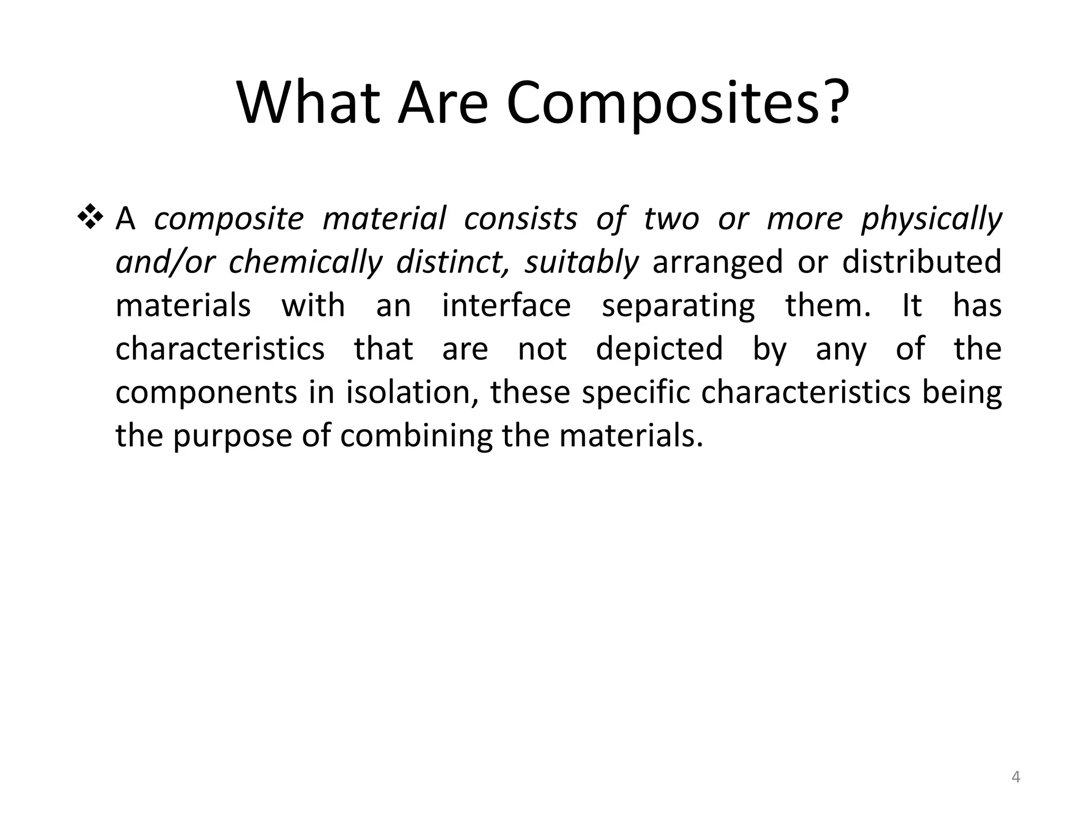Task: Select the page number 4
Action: coord(1015,777)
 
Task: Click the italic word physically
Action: coord(931,219)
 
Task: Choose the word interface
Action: coord(506,306)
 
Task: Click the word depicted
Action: coord(659,349)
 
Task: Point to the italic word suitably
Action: coord(582,262)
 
